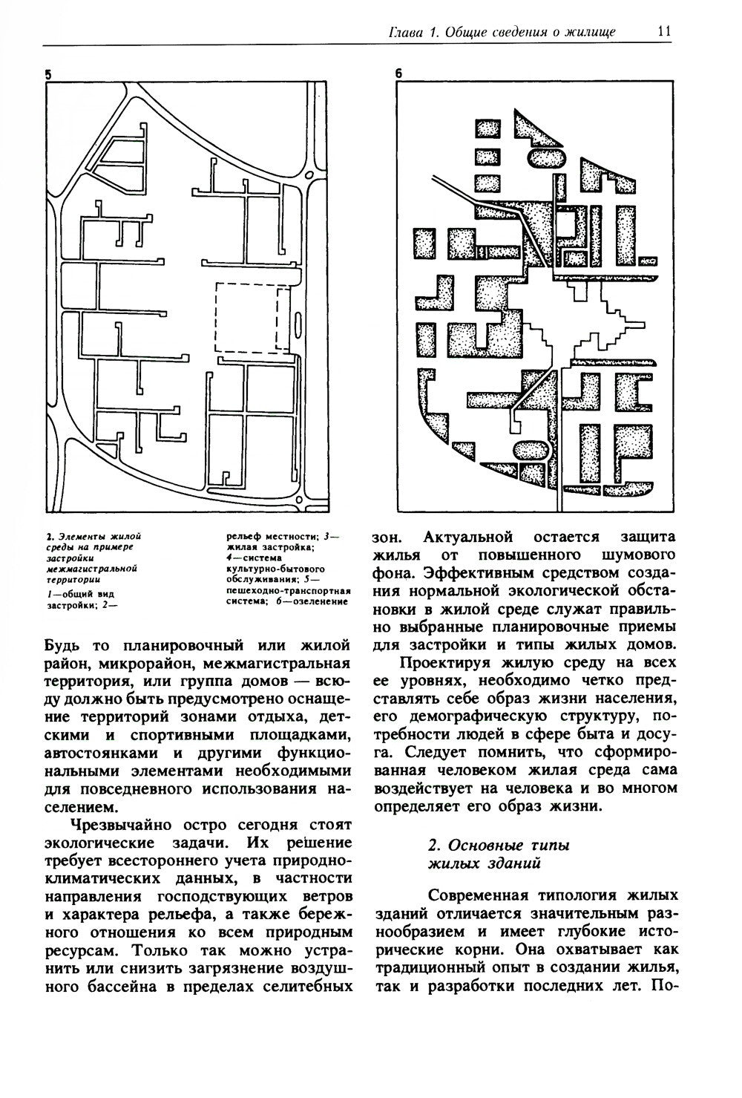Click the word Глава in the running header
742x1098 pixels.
point(407,33)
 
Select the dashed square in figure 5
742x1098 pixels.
point(252,317)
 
